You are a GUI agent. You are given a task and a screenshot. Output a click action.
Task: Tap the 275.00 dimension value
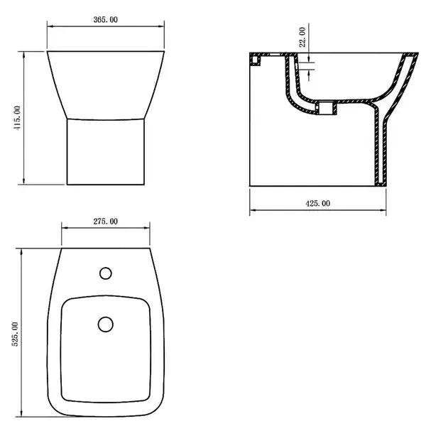105,222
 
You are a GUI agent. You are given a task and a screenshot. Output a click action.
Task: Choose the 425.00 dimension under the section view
317,203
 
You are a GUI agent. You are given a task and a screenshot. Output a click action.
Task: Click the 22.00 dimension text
302,38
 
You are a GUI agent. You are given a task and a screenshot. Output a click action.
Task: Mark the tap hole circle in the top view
106,273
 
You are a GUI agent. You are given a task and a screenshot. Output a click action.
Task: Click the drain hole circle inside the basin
105,324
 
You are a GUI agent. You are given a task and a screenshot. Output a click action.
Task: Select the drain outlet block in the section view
327,109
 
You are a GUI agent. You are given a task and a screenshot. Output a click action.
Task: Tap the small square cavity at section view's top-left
256,61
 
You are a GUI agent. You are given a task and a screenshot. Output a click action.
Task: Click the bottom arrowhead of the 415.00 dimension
25,182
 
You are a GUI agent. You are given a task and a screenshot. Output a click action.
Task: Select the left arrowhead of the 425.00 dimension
252,211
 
